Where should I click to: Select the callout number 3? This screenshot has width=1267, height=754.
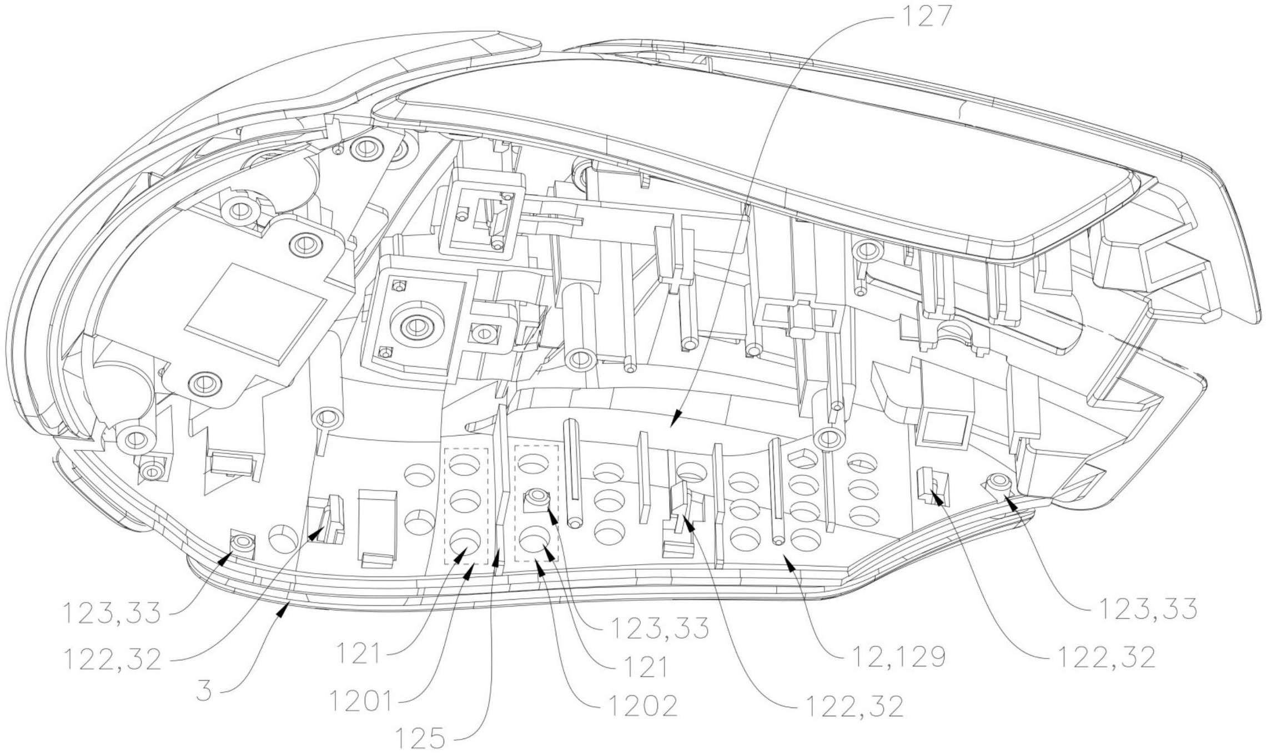click(204, 691)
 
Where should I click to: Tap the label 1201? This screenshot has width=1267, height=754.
click(360, 701)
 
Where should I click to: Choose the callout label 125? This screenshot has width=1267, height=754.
click(420, 738)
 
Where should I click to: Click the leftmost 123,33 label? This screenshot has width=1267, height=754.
click(111, 613)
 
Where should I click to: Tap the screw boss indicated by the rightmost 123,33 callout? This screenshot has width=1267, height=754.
click(998, 481)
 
